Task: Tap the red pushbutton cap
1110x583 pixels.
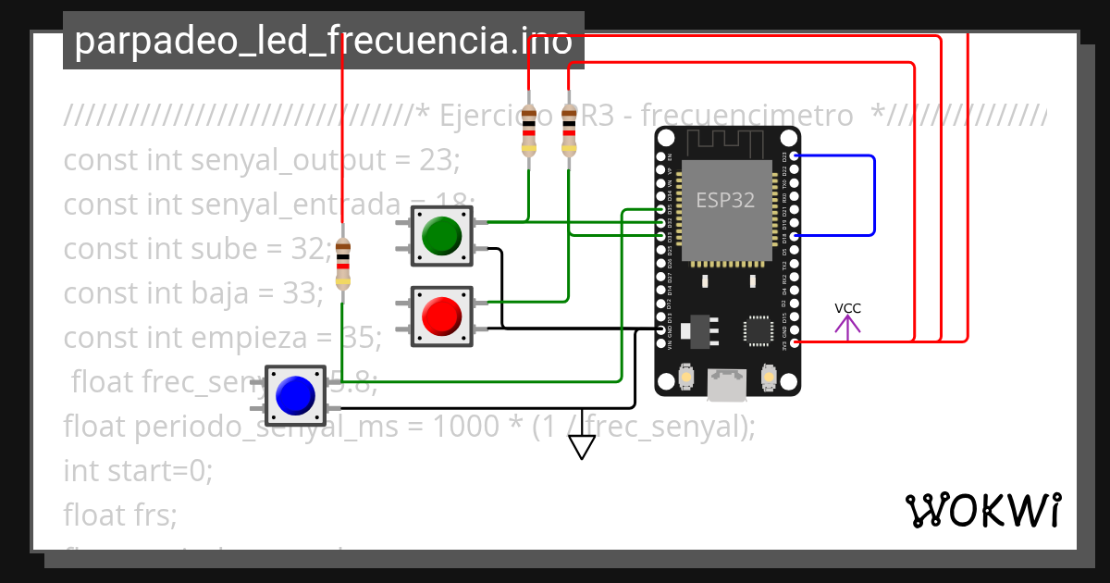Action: (442, 315)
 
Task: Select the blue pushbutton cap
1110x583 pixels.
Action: (295, 395)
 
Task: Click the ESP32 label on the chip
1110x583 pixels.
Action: (725, 200)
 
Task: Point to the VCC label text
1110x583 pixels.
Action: (847, 308)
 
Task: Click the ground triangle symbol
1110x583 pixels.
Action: (581, 447)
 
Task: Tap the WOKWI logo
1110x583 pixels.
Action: (982, 511)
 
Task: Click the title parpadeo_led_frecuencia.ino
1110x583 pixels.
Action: (323, 42)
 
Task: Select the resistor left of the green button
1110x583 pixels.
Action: (343, 263)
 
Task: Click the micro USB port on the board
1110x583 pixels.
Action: (727, 385)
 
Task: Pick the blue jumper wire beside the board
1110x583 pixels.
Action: (873, 195)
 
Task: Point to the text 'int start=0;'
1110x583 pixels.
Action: (138, 470)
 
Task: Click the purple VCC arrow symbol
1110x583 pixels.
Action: (847, 327)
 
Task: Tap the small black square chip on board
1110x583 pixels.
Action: (758, 330)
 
